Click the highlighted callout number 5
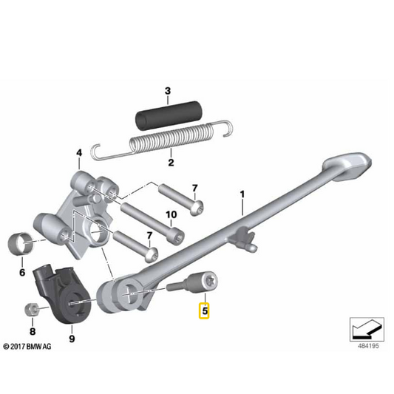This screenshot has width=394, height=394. tap(204, 311)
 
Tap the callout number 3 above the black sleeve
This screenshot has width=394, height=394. tap(168, 91)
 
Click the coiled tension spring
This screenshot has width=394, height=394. tap(163, 141)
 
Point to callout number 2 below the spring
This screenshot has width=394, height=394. tap(171, 163)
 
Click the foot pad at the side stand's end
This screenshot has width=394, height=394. tap(347, 166)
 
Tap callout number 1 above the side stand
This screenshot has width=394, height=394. tap(242, 194)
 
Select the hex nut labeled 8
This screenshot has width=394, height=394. tap(32, 310)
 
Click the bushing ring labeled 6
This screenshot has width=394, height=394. tap(21, 244)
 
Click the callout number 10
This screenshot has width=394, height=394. tap(171, 214)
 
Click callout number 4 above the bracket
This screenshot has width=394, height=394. tap(79, 153)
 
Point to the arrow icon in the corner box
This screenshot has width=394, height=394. tap(367, 330)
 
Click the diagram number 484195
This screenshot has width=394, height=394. tap(368, 346)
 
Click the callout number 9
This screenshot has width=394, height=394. tap(72, 339)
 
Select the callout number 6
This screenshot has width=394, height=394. tap(22, 272)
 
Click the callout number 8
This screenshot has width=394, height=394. tap(33, 331)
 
